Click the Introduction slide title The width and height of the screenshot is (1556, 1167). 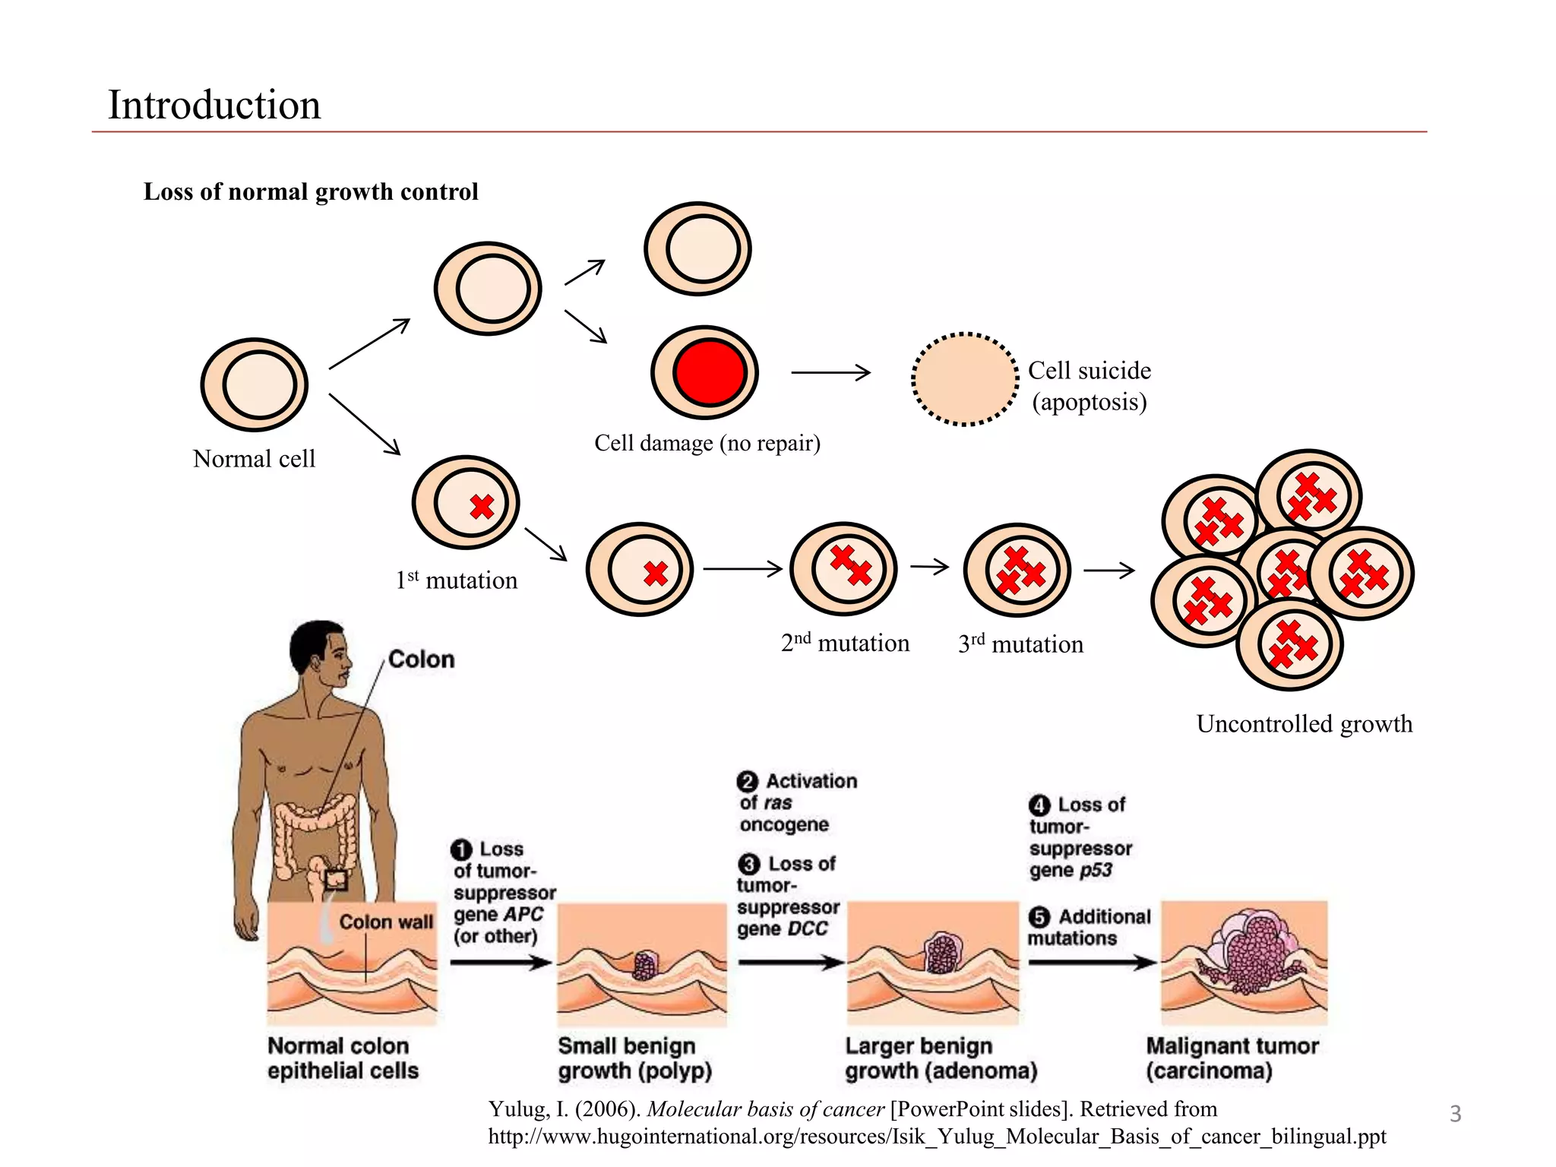[x=214, y=105]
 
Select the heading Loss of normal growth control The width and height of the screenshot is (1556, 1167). [x=311, y=191]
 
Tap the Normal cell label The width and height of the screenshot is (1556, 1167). [x=254, y=459]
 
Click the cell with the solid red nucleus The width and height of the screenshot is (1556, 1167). [x=705, y=372]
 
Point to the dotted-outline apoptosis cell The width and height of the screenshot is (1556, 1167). [x=965, y=378]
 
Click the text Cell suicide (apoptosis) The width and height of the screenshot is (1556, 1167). [x=1089, y=386]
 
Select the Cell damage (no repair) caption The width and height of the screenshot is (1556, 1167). [x=707, y=443]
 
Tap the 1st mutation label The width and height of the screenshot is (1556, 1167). [x=456, y=580]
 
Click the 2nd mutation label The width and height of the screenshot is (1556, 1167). [x=845, y=644]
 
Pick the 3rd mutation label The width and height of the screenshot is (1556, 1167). [x=1020, y=644]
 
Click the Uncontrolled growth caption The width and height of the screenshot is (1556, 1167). [x=1304, y=724]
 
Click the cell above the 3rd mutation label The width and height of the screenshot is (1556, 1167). [x=1017, y=570]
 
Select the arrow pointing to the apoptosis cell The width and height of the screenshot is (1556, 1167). [x=830, y=372]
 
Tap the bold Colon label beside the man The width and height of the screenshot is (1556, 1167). [x=421, y=659]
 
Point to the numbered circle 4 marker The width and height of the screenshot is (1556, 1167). [x=1039, y=805]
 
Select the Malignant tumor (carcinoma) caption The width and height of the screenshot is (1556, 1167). [x=1231, y=1058]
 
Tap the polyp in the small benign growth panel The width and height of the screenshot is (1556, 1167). [x=645, y=965]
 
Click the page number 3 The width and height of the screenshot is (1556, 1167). [x=1455, y=1114]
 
